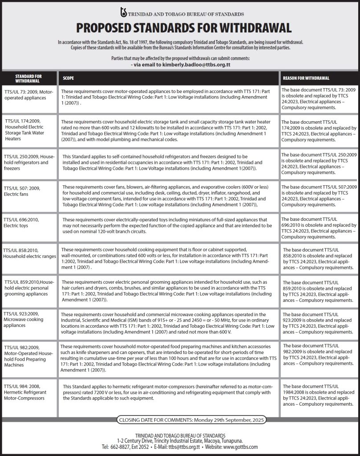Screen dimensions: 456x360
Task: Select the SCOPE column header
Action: point(68,78)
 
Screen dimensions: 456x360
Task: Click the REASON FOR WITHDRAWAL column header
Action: point(306,78)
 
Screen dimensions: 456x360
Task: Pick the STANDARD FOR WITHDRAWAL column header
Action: point(29,78)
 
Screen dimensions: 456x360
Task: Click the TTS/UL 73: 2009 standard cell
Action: point(29,94)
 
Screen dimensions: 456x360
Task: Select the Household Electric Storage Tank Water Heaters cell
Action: point(29,129)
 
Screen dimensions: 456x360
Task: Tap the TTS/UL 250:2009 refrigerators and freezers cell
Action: point(29,163)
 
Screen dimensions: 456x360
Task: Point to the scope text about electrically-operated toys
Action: point(164,225)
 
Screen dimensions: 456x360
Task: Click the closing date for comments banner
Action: point(191,420)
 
